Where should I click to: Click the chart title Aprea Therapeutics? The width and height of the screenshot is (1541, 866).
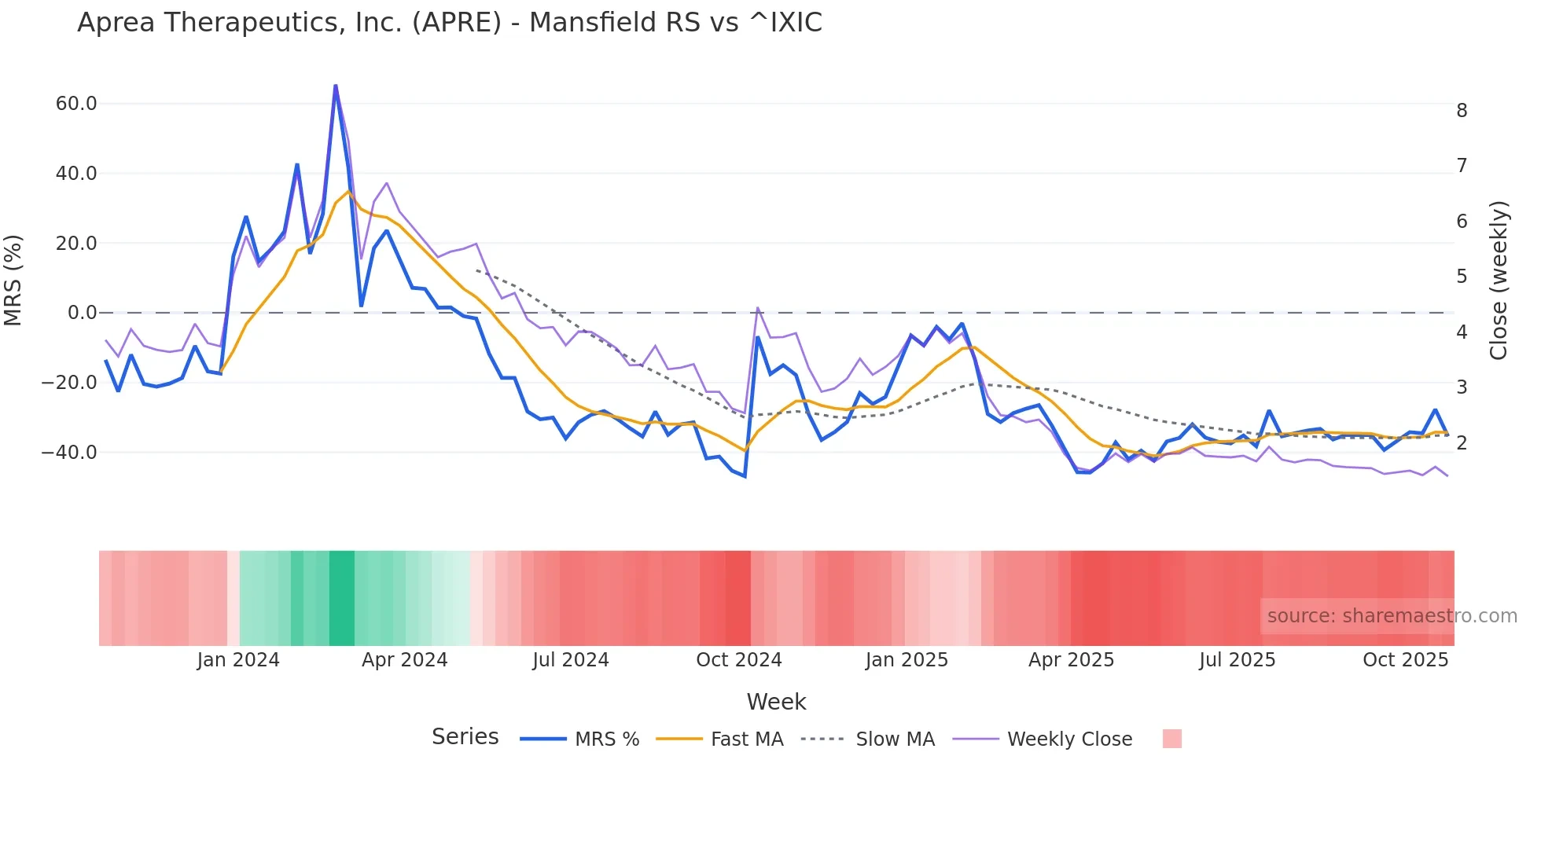449,23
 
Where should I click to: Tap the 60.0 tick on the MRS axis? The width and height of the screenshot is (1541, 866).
76,104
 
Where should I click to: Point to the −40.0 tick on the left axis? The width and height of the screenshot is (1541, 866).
69,453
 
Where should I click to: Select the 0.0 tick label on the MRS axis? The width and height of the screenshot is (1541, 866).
82,313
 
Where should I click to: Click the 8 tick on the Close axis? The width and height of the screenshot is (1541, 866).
1462,111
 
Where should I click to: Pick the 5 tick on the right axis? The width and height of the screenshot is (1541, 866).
1462,277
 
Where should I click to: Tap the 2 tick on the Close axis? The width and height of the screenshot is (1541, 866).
1462,443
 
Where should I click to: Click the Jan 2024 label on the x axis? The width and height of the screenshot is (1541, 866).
238,660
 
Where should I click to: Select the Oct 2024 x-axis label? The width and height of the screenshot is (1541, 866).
738,660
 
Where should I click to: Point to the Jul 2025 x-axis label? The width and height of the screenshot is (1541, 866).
1237,660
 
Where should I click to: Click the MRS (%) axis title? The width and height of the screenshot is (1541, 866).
13,280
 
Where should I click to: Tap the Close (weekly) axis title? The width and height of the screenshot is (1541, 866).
1499,280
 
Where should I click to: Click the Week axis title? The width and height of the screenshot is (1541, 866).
776,702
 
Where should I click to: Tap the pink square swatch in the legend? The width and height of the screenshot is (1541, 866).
1171,739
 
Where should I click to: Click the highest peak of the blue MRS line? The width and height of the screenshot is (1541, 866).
336,86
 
